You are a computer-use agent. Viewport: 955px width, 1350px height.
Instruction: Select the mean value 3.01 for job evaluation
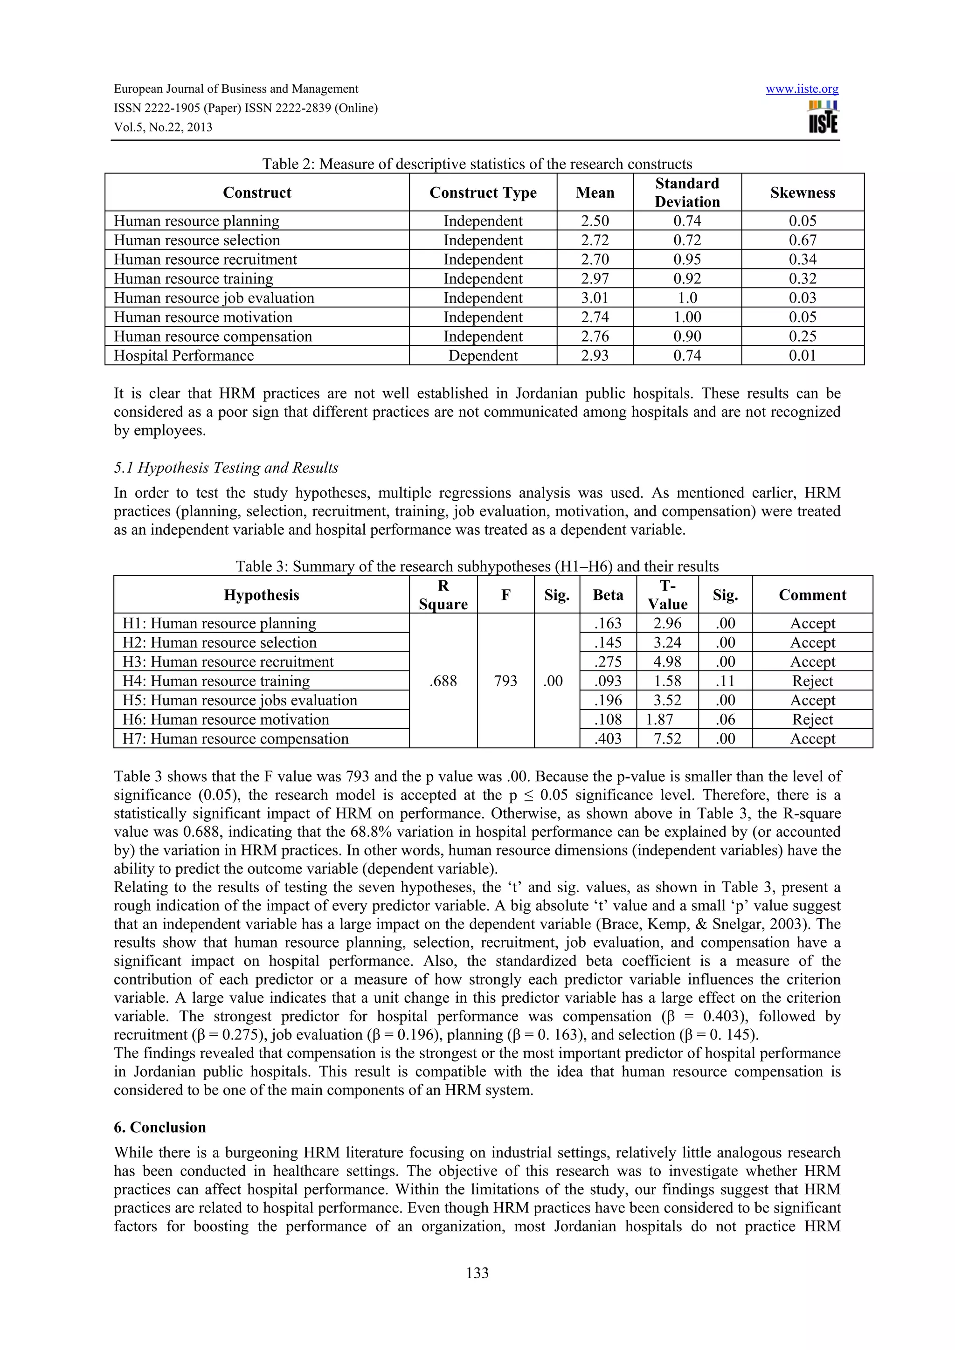(595, 298)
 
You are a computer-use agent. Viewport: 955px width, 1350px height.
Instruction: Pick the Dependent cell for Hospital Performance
(483, 356)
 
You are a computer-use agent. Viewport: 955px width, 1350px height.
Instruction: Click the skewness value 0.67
(802, 241)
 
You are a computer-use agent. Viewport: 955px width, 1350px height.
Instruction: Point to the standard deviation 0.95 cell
(687, 259)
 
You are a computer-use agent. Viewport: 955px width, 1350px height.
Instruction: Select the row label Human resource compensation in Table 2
(213, 336)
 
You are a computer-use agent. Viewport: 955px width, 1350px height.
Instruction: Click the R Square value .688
(443, 681)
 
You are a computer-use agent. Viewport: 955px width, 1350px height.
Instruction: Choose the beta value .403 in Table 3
(608, 738)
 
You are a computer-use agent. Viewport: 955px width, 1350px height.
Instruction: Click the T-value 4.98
(667, 661)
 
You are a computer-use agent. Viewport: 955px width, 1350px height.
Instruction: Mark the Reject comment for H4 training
(812, 681)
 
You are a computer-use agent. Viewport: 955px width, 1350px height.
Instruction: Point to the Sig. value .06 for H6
(725, 720)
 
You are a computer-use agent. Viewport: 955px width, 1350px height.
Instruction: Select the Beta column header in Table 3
(608, 594)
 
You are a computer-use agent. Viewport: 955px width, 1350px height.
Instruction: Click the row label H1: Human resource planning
(219, 623)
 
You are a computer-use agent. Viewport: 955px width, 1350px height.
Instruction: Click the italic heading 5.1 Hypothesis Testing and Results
(226, 468)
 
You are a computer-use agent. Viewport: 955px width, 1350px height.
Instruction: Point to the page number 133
(477, 1273)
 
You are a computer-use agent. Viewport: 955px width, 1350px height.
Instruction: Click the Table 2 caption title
(477, 164)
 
